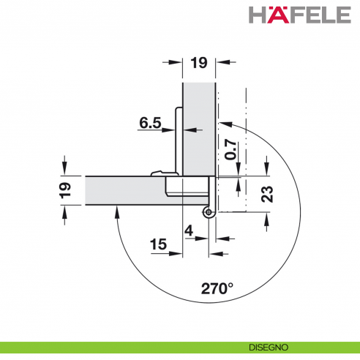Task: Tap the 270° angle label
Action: click(218, 288)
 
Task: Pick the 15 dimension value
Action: click(158, 243)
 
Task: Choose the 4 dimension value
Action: click(190, 233)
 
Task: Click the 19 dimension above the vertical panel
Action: click(198, 63)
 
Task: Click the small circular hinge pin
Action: click(209, 213)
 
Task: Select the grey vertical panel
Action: click(198, 124)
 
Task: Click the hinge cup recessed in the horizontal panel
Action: click(188, 187)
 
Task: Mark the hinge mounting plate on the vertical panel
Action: click(177, 139)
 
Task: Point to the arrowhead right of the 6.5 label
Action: click(187, 130)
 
